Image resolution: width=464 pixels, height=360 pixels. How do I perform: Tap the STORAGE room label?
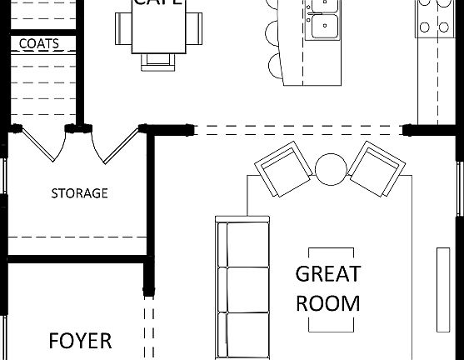(79, 193)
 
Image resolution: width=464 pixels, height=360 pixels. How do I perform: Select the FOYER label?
(80, 341)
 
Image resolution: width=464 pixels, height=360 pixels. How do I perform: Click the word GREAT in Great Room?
(328, 274)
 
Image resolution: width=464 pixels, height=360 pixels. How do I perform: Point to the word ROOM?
(328, 302)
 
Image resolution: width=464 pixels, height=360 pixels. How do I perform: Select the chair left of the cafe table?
(122, 29)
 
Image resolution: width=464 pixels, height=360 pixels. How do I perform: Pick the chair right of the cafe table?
(194, 29)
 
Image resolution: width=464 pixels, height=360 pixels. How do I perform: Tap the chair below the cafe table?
(157, 58)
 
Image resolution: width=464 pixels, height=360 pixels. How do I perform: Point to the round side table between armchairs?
(330, 170)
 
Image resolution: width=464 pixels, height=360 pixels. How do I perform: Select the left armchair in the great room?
(282, 169)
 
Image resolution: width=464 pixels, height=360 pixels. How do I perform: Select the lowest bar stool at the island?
(275, 65)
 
